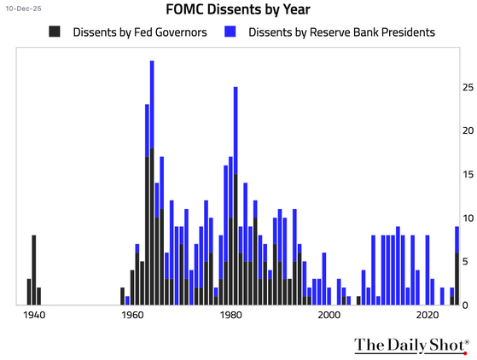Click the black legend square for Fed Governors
(x=55, y=33)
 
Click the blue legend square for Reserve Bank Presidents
(x=229, y=33)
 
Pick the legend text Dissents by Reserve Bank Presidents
(x=341, y=33)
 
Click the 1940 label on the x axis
(x=34, y=316)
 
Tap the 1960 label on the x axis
(x=132, y=316)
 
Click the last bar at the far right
(x=457, y=265)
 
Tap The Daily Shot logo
(x=410, y=345)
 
